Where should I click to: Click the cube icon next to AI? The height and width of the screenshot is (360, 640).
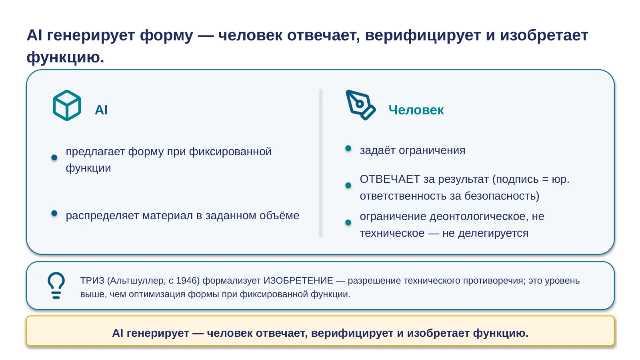67,106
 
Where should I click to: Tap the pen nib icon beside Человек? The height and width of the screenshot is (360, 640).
360,105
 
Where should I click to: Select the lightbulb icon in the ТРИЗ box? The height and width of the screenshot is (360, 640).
56,286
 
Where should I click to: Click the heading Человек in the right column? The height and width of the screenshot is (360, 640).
416,110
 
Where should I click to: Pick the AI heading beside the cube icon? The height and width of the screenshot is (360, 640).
101,110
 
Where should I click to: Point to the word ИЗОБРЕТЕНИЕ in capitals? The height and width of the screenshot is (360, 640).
298,280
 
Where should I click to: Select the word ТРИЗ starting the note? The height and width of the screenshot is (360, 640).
92,280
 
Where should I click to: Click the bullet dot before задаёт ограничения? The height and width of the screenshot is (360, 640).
348,148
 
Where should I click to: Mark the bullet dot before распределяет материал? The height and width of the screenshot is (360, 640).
54,213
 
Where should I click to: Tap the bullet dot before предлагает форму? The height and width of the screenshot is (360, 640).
54,158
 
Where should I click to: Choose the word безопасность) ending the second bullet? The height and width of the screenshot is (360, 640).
502,196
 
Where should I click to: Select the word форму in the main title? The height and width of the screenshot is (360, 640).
166,36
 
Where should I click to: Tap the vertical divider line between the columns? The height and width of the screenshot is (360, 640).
320,163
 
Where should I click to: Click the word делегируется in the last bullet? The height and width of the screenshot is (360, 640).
494,234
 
